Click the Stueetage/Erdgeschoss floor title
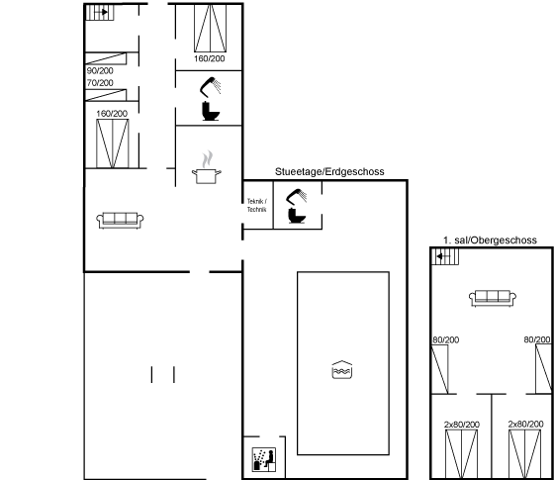click(329, 172)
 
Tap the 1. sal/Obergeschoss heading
click(490, 240)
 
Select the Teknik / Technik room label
click(257, 206)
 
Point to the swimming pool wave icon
click(342, 370)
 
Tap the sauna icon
click(264, 459)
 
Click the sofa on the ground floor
click(120, 220)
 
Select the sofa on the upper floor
click(493, 298)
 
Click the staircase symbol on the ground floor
click(100, 12)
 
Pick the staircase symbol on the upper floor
click(445, 256)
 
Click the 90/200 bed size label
click(100, 71)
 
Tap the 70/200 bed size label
click(100, 83)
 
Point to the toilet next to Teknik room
click(296, 216)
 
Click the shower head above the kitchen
click(210, 87)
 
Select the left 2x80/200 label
click(462, 425)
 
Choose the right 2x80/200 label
click(525, 424)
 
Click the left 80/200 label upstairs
click(446, 340)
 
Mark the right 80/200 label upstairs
click(537, 339)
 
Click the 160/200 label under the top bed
click(210, 58)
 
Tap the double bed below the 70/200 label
click(113, 144)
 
